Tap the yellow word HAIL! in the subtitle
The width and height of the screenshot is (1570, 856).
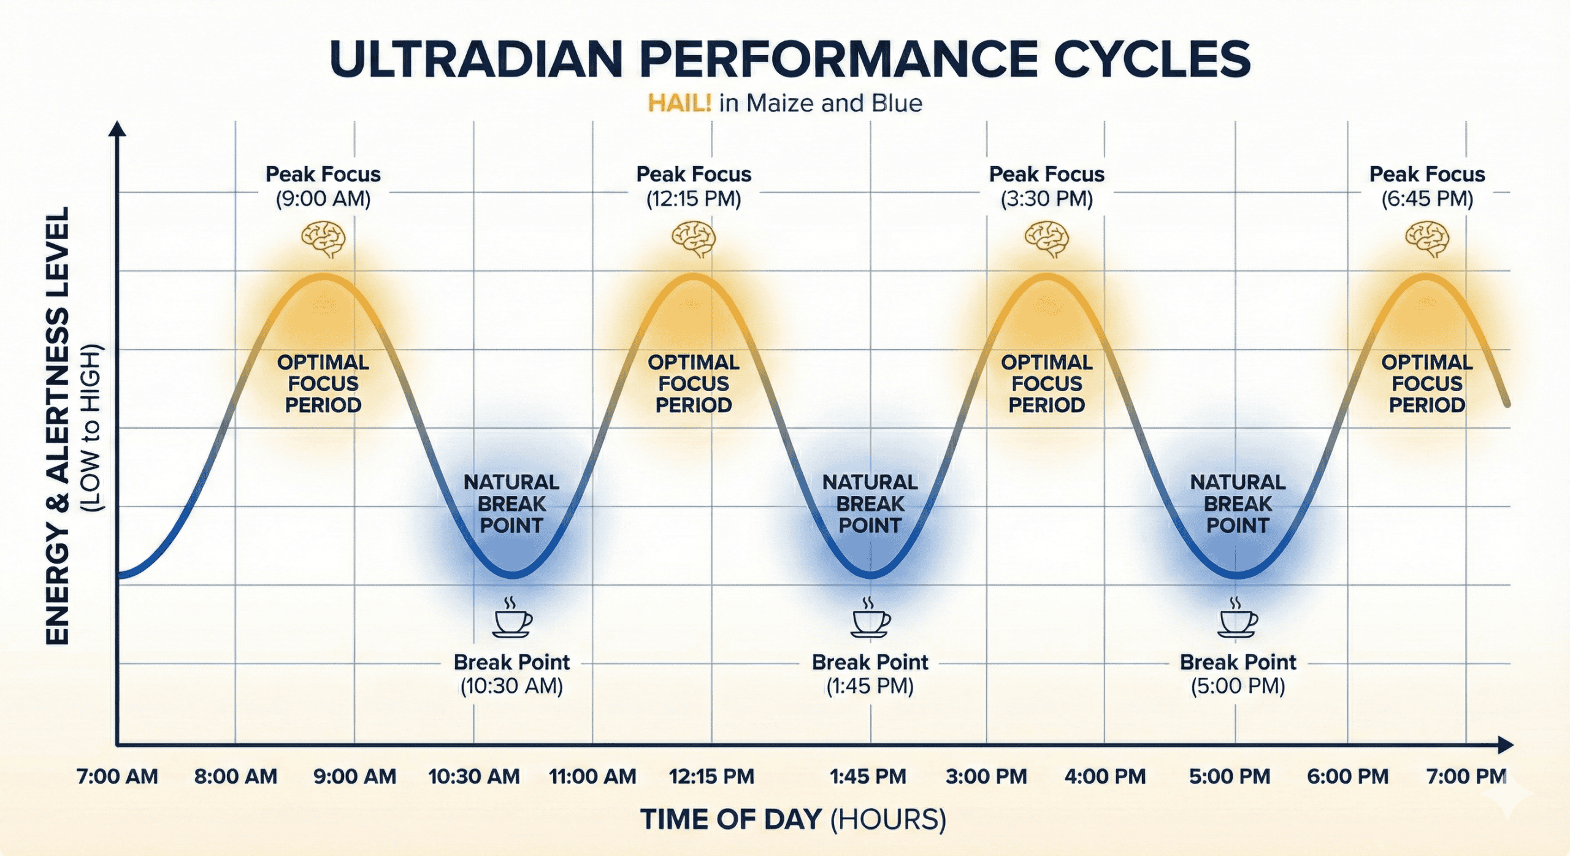[680, 103]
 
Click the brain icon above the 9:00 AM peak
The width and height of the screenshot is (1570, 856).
[323, 239]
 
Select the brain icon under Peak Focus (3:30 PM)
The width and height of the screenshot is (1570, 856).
[1047, 239]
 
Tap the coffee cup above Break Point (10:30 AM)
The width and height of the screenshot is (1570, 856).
[512, 619]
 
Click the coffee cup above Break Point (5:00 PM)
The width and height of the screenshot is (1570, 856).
[1238, 619]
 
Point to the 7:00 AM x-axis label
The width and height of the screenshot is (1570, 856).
[117, 776]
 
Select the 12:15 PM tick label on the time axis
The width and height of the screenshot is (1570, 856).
[711, 776]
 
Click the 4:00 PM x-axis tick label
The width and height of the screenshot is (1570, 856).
[1105, 776]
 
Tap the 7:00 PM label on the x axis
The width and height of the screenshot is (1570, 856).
[1466, 776]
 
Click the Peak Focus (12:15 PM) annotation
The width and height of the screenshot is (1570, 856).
[694, 186]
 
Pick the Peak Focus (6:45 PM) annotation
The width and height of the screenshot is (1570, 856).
[1427, 186]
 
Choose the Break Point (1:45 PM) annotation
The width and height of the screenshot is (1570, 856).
[870, 674]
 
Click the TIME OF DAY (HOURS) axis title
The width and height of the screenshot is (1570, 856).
[793, 819]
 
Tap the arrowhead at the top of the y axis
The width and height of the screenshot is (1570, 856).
[117, 128]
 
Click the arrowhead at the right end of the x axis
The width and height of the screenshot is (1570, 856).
[1506, 745]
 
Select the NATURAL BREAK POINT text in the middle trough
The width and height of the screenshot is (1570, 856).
[870, 503]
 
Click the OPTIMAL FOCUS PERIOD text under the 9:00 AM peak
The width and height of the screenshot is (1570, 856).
[323, 383]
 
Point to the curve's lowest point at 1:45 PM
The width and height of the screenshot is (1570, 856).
[870, 575]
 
